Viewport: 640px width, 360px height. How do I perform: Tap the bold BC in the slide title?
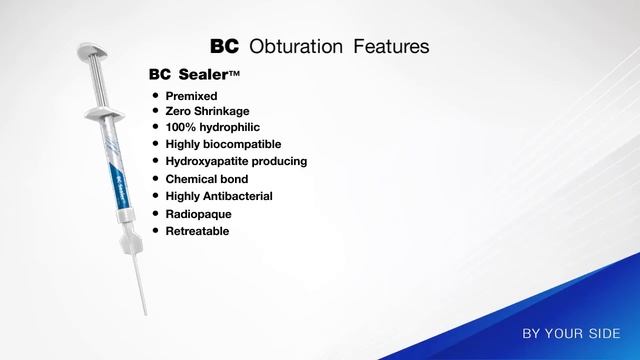(226, 47)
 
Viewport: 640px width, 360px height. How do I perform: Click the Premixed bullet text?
(191, 95)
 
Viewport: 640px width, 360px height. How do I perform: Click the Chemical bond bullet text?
(207, 179)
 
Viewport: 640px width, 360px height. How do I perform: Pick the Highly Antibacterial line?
(219, 196)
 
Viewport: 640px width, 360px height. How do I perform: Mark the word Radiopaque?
(198, 213)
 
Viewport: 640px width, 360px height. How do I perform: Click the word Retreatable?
(198, 230)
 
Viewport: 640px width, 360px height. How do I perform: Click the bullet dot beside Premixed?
(155, 95)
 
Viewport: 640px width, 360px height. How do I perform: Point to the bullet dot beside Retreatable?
(155, 230)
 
